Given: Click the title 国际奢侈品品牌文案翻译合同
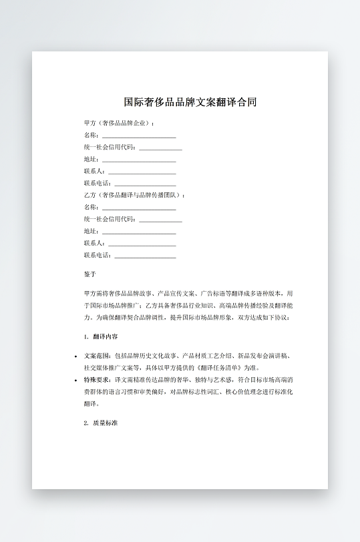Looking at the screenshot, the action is click(x=190, y=102).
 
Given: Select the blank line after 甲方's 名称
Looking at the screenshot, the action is click(x=138, y=135).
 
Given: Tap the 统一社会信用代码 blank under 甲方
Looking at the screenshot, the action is click(x=160, y=148).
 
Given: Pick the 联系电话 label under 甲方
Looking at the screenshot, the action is click(x=98, y=184).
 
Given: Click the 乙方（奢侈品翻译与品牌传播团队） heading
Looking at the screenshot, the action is click(x=134, y=195).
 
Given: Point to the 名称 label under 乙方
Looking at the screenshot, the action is click(x=91, y=207).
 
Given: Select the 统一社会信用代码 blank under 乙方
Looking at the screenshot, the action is click(x=160, y=220).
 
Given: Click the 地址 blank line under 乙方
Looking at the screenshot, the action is click(x=138, y=232).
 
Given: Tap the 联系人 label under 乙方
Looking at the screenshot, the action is click(x=94, y=244).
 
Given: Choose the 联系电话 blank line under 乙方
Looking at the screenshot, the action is click(x=146, y=256).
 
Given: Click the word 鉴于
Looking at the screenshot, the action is click(x=90, y=274).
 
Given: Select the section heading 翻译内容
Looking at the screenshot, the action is click(x=106, y=336).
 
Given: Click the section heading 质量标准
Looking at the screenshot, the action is click(x=106, y=423).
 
